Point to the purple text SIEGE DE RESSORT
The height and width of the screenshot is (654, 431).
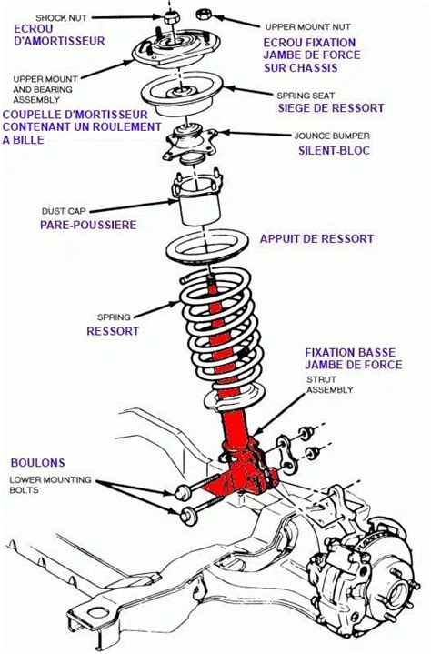(x=331, y=108)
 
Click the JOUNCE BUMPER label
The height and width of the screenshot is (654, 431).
(x=331, y=136)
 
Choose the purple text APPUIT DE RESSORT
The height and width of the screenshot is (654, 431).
(x=316, y=238)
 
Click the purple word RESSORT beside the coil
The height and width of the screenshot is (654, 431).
(x=113, y=331)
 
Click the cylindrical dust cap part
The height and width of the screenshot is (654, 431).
(x=196, y=205)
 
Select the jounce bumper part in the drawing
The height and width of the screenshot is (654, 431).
(x=193, y=141)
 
